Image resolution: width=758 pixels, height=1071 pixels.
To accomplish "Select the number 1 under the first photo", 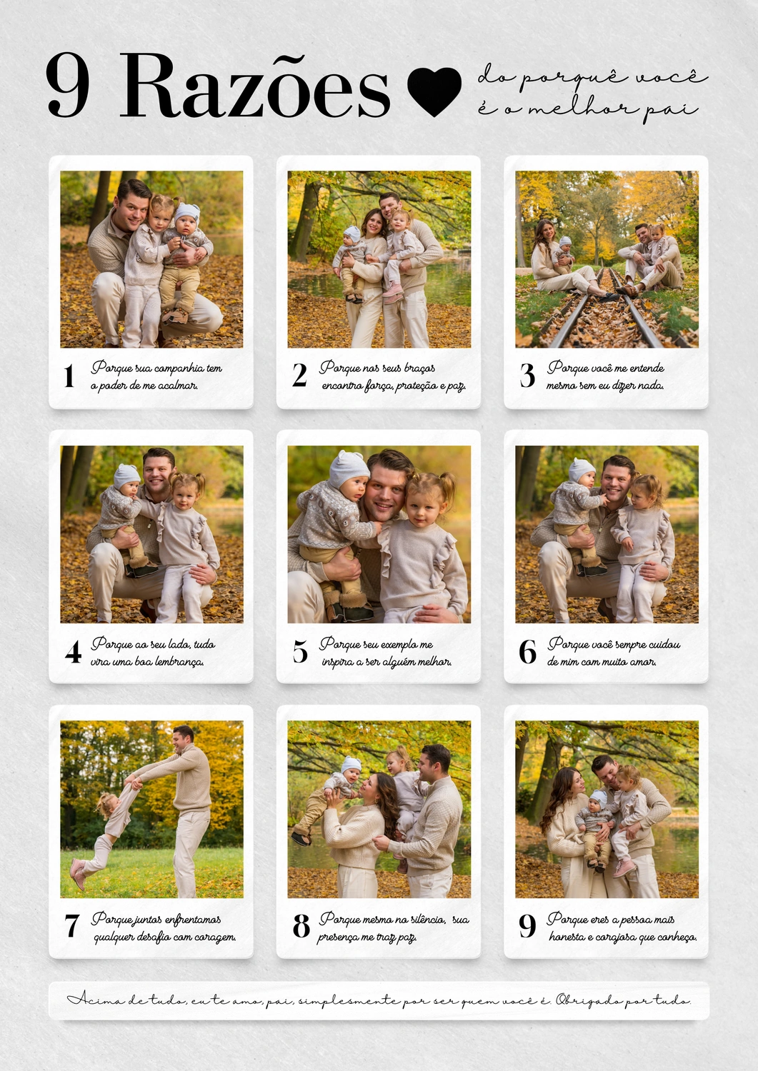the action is tap(69, 376).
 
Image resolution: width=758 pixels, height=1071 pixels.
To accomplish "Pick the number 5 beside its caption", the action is tap(300, 652).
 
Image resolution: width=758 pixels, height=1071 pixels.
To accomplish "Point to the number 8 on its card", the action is tap(301, 926).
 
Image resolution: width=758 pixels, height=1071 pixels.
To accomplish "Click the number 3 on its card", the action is tap(527, 376).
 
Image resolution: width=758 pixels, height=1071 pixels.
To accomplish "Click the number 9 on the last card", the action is tap(527, 927).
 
